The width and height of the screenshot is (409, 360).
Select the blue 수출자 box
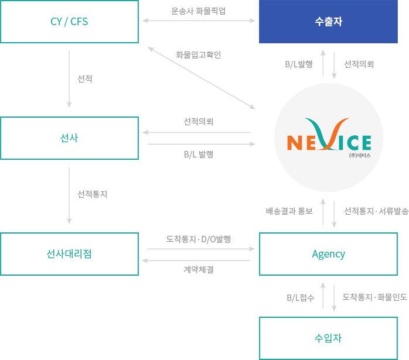[x=328, y=22]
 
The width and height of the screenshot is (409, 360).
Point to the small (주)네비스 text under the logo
[x=360, y=156]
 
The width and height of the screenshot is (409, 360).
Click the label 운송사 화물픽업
[x=198, y=11]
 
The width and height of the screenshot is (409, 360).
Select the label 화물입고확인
[x=198, y=55]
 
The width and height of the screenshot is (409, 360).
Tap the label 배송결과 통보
[x=289, y=211]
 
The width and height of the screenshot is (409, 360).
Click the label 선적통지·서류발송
[x=376, y=211]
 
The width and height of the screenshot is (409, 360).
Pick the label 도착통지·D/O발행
[x=198, y=239]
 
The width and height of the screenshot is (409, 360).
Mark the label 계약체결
[x=198, y=269]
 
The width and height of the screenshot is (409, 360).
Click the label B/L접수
[x=301, y=298]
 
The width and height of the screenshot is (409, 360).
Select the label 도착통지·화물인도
[x=374, y=297]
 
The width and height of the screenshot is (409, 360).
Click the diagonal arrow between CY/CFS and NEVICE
[x=202, y=78]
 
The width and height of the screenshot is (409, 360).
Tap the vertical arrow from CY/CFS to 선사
[x=69, y=79]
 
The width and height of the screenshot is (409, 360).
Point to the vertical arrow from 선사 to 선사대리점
[x=69, y=196]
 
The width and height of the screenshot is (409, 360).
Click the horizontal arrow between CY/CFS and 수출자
[x=199, y=20]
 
